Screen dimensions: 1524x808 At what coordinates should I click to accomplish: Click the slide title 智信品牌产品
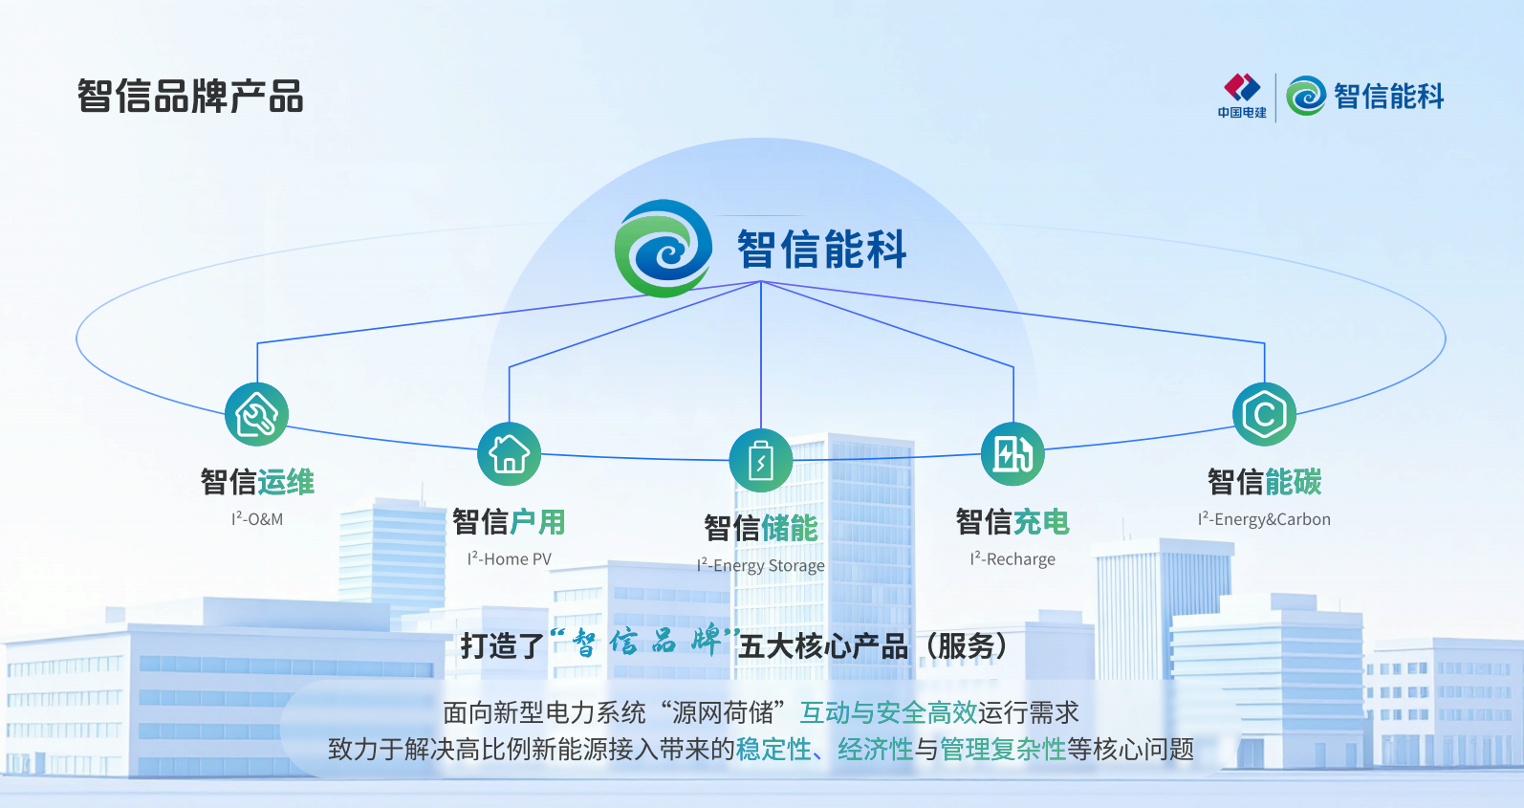(x=190, y=96)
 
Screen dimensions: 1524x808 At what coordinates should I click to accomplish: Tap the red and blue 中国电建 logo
(x=1242, y=96)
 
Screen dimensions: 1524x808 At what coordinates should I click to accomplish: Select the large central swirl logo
(x=664, y=248)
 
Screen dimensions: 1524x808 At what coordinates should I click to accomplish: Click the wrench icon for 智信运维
(x=256, y=414)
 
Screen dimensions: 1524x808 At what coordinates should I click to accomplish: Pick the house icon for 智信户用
(x=509, y=454)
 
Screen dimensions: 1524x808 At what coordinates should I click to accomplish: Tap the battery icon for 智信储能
(x=761, y=460)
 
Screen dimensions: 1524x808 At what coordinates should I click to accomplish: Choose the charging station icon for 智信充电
(x=1012, y=454)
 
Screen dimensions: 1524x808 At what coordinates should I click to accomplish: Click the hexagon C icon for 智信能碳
(x=1264, y=414)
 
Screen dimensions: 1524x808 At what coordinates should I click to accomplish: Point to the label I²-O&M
(x=257, y=518)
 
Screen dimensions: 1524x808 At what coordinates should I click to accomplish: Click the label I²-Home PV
(x=509, y=558)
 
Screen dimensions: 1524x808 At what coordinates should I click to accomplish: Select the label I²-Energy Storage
(x=761, y=565)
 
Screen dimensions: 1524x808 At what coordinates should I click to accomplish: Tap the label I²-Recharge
(x=1012, y=558)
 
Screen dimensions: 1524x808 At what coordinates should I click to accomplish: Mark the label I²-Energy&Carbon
(x=1264, y=518)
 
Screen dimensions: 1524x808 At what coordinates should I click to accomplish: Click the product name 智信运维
(x=257, y=482)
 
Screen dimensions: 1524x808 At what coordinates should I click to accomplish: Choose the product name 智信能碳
(x=1264, y=482)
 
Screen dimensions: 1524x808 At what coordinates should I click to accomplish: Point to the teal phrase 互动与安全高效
(x=888, y=712)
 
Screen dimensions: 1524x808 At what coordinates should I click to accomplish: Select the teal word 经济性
(x=875, y=750)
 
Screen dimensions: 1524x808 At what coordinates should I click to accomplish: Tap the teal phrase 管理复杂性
(x=1003, y=750)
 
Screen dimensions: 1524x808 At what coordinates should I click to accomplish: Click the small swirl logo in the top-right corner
(x=1306, y=96)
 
